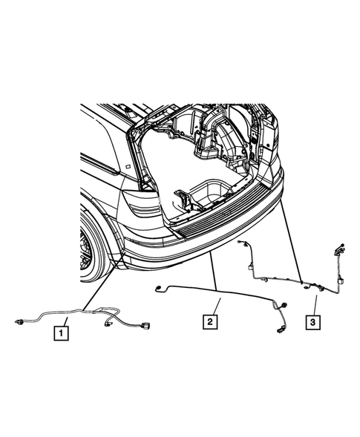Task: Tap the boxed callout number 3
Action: (315, 321)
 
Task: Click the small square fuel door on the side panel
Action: (129, 168)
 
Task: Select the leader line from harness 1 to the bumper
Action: (104, 286)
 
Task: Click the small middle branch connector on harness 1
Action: (111, 322)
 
